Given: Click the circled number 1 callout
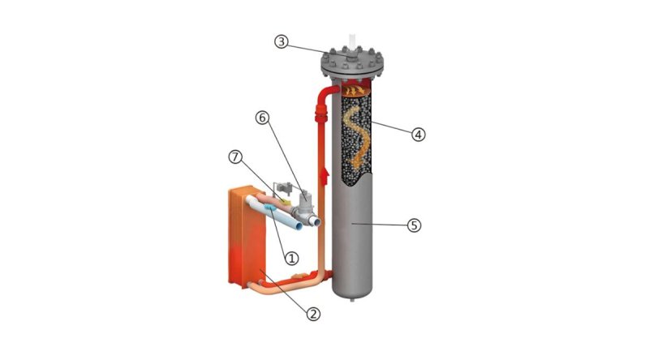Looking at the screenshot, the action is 291,259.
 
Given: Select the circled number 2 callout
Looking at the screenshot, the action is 313,314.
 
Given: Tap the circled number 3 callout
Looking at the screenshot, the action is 282,41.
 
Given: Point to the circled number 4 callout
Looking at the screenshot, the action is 418,134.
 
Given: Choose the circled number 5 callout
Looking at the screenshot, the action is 414,225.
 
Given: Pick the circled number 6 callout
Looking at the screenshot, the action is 261,118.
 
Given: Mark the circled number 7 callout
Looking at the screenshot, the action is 235,156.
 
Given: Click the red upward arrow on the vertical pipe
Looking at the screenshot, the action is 325,176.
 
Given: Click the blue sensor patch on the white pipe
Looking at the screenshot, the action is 270,207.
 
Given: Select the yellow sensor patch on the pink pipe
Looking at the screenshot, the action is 285,201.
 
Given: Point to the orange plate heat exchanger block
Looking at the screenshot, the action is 247,236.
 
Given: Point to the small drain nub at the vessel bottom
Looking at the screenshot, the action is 353,299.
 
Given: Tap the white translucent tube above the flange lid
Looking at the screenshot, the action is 353,42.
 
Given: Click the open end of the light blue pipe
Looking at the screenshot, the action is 316,222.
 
